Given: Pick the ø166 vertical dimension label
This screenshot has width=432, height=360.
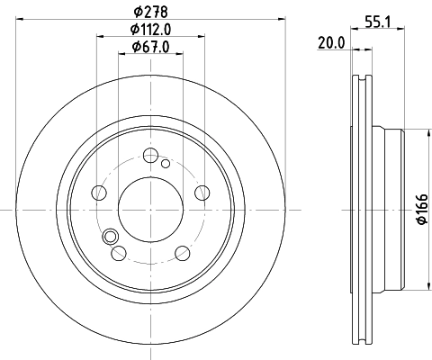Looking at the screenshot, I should [x=419, y=209].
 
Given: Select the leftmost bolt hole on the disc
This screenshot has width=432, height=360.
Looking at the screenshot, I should [x=98, y=192].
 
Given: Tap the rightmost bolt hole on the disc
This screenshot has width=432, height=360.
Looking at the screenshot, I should [x=202, y=192].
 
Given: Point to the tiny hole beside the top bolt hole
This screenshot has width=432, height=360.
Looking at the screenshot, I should [x=165, y=163].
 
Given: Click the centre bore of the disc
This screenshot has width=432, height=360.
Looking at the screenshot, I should [x=150, y=208].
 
